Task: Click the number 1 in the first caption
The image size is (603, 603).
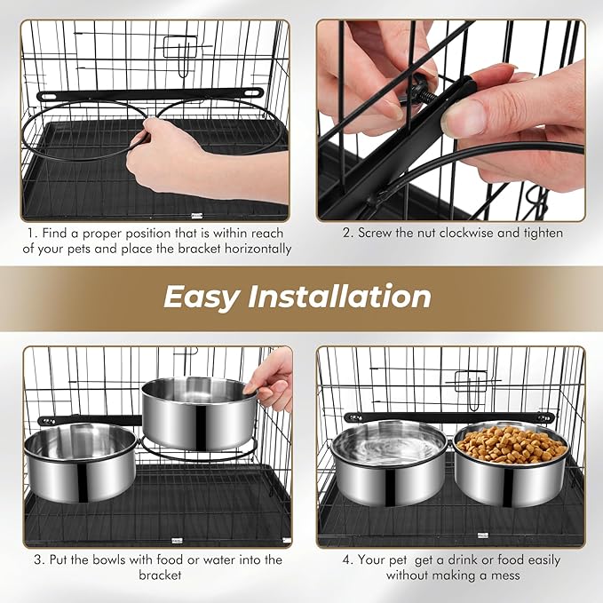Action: point(30,234)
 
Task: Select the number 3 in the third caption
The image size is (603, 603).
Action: point(38,559)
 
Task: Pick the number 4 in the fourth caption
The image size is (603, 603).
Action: point(347,559)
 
